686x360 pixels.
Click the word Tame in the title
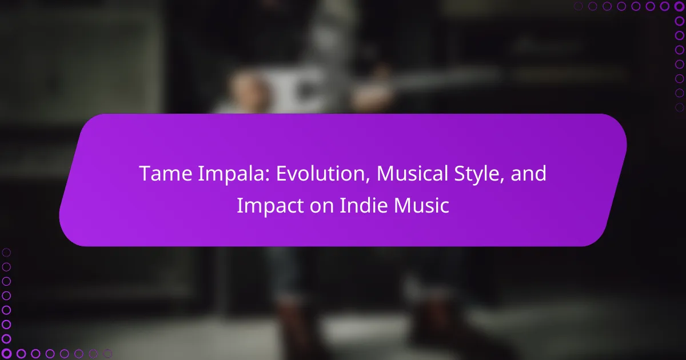coord(165,174)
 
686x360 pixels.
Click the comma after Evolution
coord(367,181)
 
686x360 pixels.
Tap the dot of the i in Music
coord(434,198)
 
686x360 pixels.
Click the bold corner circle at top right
coord(679,6)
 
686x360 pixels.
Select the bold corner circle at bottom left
coord(6,354)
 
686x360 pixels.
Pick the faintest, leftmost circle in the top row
coord(578,6)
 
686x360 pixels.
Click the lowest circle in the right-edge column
coord(679,107)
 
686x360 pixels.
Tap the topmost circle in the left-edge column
coord(6,253)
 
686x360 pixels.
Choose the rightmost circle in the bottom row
coord(107,354)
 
